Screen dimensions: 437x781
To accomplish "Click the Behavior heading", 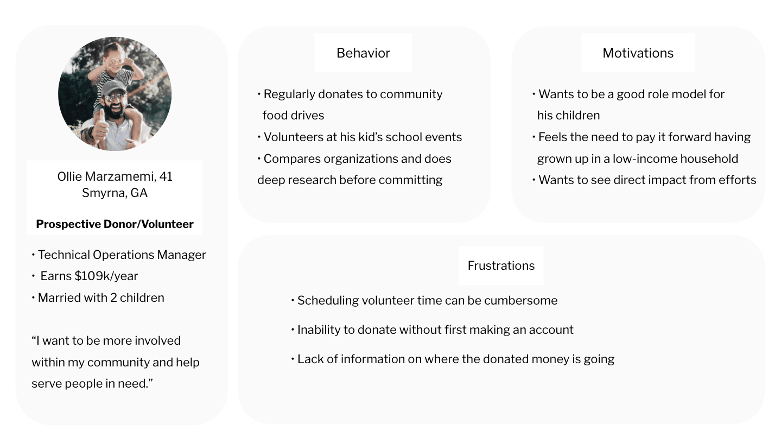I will click(363, 53).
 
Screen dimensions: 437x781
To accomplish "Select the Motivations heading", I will click(638, 53).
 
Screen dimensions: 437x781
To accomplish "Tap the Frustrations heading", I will click(501, 265).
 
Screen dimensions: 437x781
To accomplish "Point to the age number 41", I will click(166, 176).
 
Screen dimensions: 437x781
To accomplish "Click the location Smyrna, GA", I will click(115, 193).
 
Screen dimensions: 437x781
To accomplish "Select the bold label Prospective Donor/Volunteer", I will click(115, 224).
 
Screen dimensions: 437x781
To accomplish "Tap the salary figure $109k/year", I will click(106, 276).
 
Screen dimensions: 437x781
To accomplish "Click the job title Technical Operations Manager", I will click(122, 255).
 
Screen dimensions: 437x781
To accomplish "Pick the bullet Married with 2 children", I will click(101, 297).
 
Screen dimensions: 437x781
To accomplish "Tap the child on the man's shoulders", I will click(117, 65).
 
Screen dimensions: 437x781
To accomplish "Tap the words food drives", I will click(293, 115).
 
